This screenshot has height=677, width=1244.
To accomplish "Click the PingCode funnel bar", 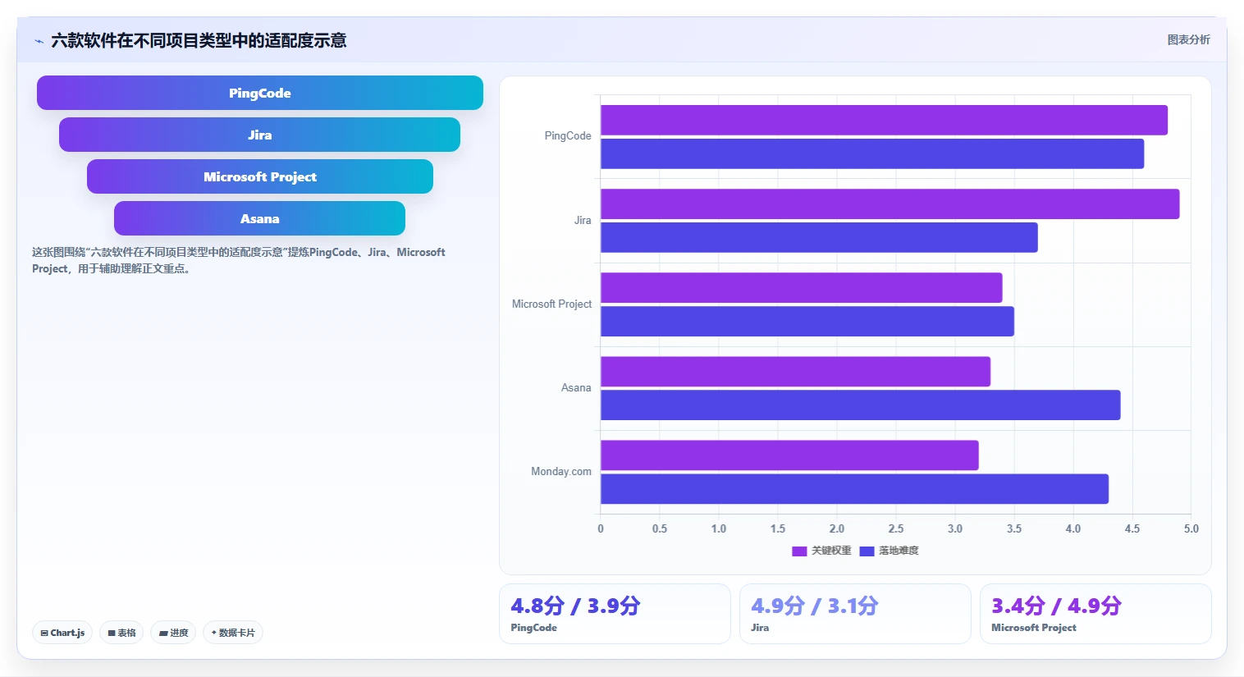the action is (x=260, y=93).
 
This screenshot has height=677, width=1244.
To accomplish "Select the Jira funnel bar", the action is (x=260, y=135).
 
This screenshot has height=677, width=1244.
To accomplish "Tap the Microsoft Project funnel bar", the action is (x=260, y=176).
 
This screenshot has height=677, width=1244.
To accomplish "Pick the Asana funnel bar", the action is (x=260, y=218).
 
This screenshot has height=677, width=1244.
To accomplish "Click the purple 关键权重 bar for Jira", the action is (x=890, y=204).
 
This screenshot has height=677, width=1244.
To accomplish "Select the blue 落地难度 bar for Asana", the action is (x=860, y=405).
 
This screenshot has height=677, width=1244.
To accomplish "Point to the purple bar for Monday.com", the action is (x=789, y=455).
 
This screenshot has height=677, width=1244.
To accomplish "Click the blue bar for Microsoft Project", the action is (x=807, y=321).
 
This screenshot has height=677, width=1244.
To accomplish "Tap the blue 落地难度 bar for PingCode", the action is (x=872, y=153).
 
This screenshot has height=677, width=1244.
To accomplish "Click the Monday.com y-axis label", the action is (x=561, y=472).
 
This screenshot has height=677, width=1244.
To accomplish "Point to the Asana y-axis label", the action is (x=576, y=387).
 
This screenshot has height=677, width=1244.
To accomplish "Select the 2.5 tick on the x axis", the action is (x=896, y=528).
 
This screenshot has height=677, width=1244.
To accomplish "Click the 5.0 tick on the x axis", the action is (x=1191, y=528).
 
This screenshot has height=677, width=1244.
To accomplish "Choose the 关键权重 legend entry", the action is (x=821, y=551).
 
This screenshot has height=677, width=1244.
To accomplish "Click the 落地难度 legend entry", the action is (x=890, y=551).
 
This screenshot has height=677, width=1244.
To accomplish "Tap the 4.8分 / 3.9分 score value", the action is (x=575, y=606).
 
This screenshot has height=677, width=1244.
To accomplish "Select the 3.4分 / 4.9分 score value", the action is (x=1056, y=606).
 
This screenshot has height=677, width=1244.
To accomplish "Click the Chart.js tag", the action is (x=62, y=633).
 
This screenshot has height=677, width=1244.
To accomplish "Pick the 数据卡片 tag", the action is (x=233, y=633).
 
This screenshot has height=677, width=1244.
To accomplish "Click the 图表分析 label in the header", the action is (x=1188, y=40).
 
